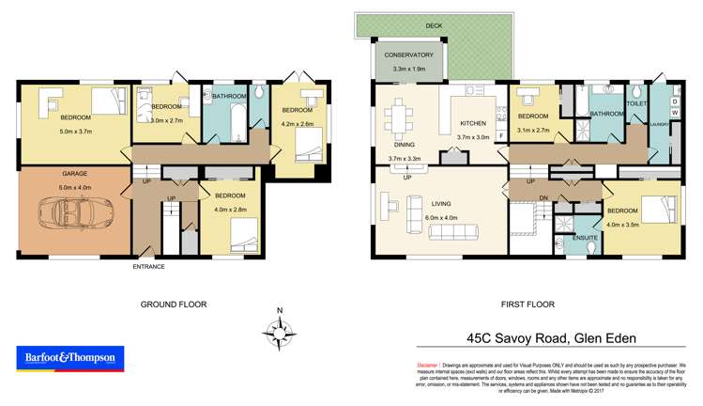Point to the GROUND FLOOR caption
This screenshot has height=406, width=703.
click(x=173, y=304)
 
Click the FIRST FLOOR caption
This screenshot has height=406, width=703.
click(x=527, y=304)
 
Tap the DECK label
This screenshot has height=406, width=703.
click(x=433, y=25)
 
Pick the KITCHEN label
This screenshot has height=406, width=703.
click(x=473, y=124)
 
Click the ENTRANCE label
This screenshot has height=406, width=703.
click(x=148, y=266)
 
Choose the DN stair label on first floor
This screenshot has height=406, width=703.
click(x=543, y=196)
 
